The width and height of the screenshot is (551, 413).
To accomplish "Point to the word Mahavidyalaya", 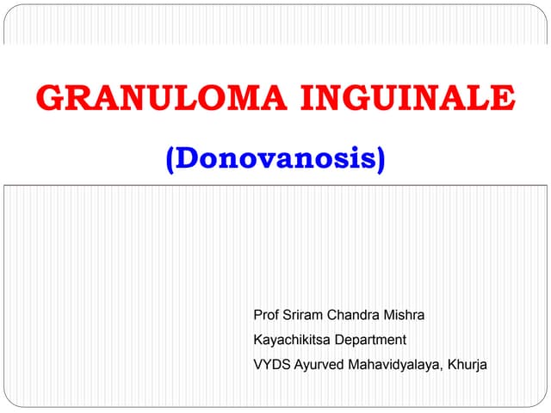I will tap(394, 365).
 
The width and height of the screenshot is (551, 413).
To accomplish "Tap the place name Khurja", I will tap(467, 365).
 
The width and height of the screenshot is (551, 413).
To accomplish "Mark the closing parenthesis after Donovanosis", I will tap(380, 160).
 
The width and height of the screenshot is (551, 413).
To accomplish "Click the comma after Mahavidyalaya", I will tap(442, 369).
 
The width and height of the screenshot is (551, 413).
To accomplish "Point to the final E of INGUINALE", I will tap(504, 101).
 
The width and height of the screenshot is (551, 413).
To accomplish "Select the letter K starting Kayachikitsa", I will tap(257, 340).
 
